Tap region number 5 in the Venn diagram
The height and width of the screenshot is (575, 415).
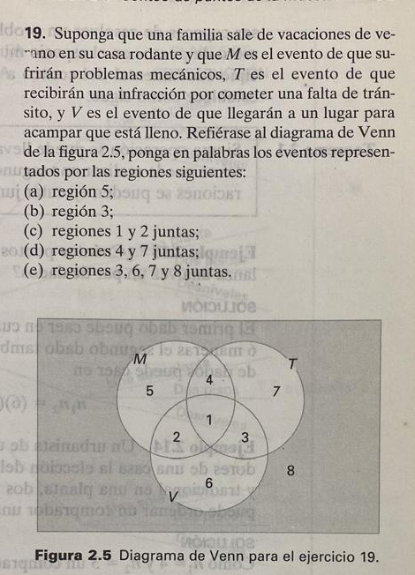coord(150,389)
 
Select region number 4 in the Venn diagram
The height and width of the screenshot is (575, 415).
coord(209,379)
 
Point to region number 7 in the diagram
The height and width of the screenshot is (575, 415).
coord(276,391)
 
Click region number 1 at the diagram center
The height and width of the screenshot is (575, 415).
coord(209,419)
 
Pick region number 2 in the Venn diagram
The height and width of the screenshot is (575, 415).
coord(177,437)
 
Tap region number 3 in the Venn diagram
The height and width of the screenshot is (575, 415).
coord(245,438)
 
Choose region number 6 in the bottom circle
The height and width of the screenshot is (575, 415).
coord(208,483)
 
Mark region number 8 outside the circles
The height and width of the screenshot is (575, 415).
coord(290,470)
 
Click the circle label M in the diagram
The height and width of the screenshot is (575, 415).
coord(139,359)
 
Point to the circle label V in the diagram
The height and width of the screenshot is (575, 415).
coord(174,500)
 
